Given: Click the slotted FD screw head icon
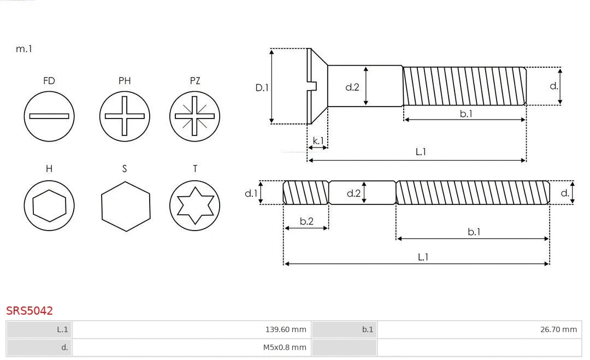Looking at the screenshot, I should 49,116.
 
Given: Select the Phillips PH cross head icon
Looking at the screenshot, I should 125,116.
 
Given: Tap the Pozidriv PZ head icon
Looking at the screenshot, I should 194,116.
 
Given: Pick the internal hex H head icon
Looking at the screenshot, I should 49,205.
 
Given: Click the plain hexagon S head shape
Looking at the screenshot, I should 125,206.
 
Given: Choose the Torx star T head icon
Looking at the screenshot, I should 194,205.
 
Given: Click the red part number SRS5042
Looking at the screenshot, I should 29,311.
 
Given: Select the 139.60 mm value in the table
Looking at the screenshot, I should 285,329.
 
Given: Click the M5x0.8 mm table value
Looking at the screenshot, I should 285,347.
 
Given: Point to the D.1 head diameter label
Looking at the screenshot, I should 262,87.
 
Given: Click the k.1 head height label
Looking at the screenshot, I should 318,141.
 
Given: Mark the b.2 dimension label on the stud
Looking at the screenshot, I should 306,221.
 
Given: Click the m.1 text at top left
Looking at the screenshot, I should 24,49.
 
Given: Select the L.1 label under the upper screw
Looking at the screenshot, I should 421,152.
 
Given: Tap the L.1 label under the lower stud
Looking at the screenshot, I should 423,257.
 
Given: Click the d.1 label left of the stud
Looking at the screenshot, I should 250,193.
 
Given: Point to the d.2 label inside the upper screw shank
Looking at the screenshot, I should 352,87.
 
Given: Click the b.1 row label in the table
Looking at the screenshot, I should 367,329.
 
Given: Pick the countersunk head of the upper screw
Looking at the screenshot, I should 317,86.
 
